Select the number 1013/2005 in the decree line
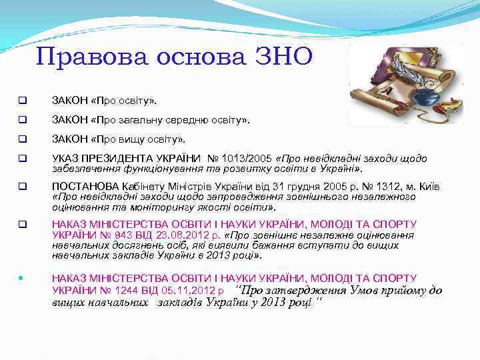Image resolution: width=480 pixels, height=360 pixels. point(248,159)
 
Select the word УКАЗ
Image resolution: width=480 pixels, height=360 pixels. point(65,159)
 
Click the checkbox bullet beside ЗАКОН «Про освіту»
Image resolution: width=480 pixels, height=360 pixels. point(22,101)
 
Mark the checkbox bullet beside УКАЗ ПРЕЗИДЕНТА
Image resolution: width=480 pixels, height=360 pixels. point(22,159)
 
